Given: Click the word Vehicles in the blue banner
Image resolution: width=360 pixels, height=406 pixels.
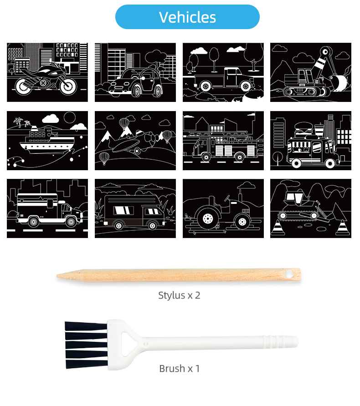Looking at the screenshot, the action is point(187,17).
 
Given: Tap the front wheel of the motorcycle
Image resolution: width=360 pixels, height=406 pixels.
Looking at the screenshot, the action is point(68,86).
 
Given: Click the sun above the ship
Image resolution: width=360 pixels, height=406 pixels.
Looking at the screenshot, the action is point(70,117).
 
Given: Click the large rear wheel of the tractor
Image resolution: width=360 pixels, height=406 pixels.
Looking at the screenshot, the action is point(208,219).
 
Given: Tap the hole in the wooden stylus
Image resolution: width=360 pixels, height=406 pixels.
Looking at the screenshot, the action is point(289,274).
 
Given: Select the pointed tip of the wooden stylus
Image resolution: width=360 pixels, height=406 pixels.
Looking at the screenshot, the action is point(58,276).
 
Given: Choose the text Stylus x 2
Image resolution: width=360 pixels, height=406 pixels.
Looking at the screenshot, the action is point(179,295).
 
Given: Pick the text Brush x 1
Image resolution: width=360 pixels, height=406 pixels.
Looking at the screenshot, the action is point(180,369).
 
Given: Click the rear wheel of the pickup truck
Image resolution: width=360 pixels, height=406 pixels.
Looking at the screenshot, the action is point(206,86).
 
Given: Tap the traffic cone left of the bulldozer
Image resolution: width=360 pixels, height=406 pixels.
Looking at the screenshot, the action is point(278,228).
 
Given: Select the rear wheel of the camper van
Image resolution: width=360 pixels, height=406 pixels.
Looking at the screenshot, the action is point(118,225).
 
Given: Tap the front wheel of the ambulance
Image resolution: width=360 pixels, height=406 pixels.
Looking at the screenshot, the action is point(71,222).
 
